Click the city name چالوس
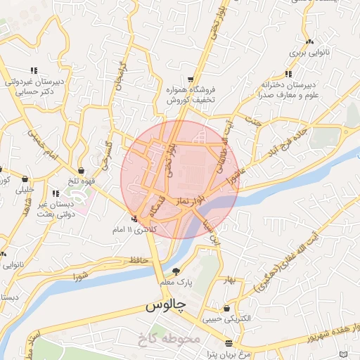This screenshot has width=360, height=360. pos(165,307)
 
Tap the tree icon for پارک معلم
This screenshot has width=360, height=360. pos(176,271)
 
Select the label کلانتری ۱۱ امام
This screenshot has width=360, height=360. pos(130,230)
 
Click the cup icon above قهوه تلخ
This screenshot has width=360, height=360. pos(82,170)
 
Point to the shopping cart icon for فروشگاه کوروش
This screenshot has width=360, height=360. pos(191,79)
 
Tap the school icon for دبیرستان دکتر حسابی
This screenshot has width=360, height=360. pos(33,70)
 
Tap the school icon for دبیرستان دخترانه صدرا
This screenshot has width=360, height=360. pos(288,73)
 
